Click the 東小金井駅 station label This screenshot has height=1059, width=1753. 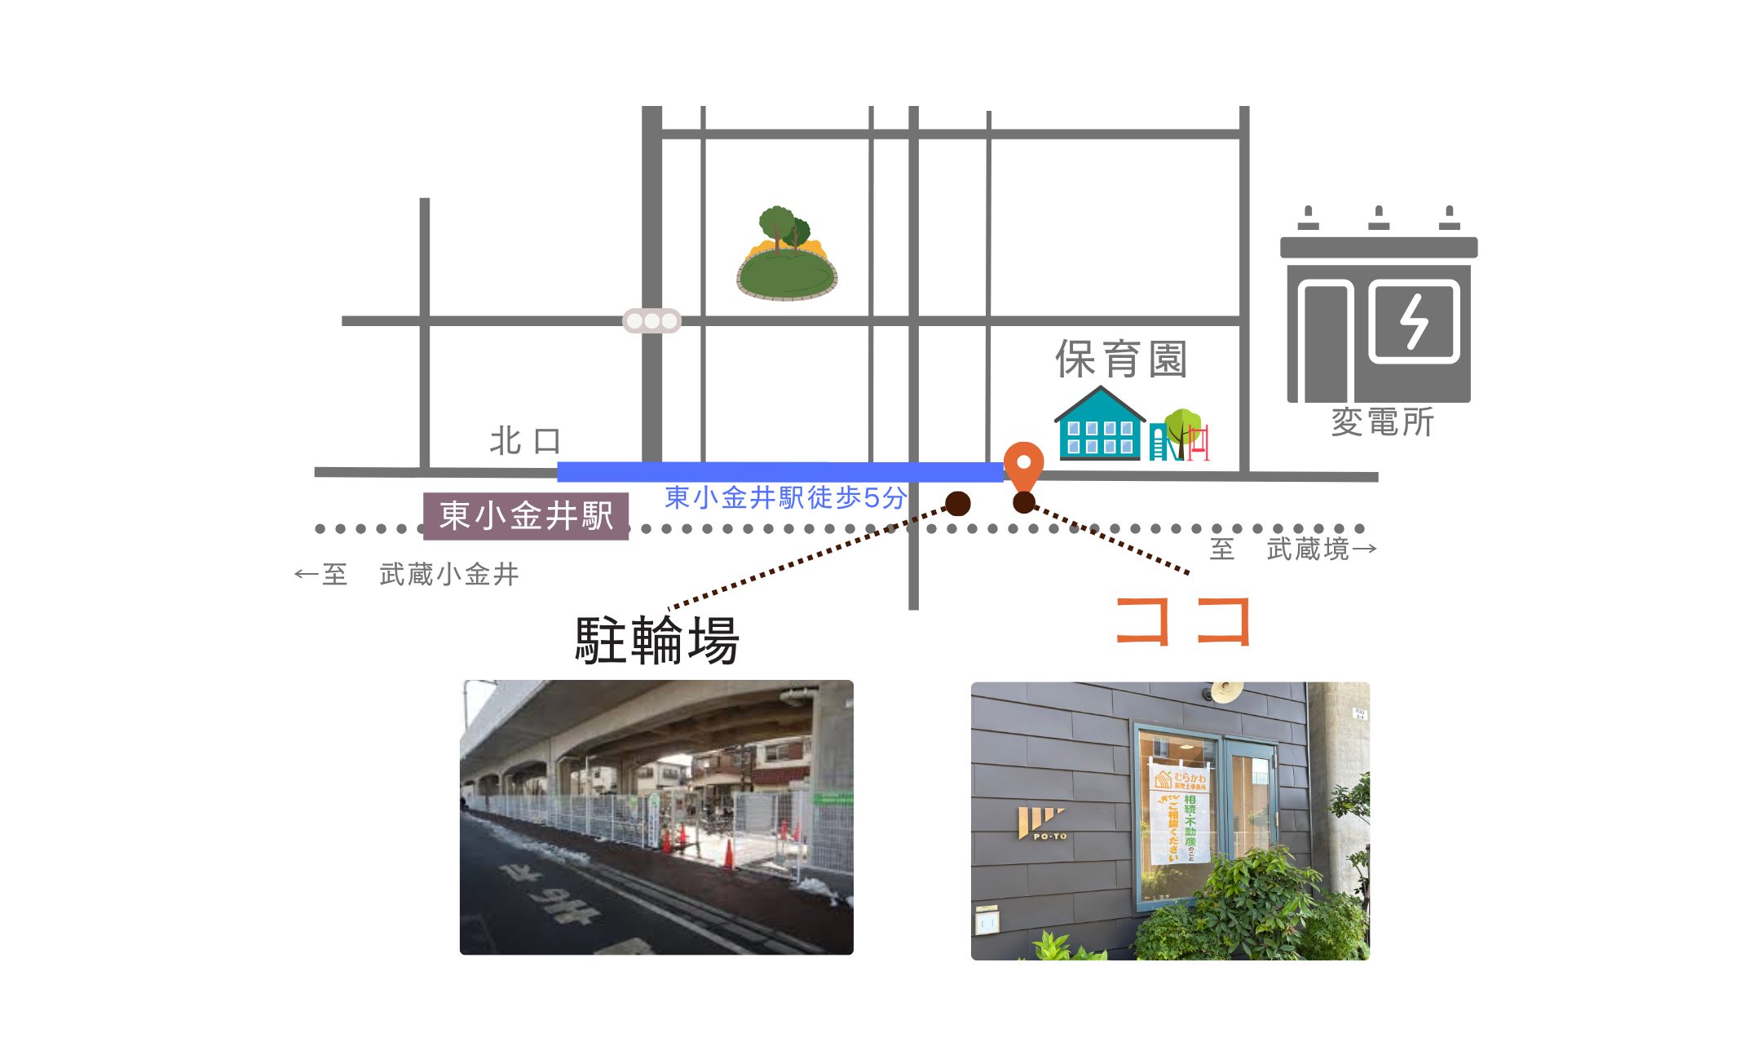click(526, 516)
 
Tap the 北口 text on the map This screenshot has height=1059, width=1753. click(526, 441)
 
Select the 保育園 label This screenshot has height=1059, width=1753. click(1122, 360)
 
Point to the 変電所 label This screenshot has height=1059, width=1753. click(1382, 422)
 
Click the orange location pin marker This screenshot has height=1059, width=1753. click(1023, 465)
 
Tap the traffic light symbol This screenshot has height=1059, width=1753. click(651, 321)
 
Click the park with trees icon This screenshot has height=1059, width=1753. click(787, 254)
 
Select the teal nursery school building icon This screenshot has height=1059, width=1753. click(1100, 425)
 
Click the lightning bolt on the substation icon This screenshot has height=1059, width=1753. click(1414, 321)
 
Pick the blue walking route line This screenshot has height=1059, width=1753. click(779, 471)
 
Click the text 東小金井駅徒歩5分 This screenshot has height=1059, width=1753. click(785, 497)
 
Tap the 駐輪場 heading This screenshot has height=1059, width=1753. click(657, 640)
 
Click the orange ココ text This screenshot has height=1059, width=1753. click(1183, 621)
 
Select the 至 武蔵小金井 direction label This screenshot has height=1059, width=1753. click(407, 574)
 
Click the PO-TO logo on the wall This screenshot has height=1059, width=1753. click(1042, 824)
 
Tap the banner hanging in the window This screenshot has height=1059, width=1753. click(1180, 815)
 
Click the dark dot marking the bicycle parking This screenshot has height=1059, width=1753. click(958, 503)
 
